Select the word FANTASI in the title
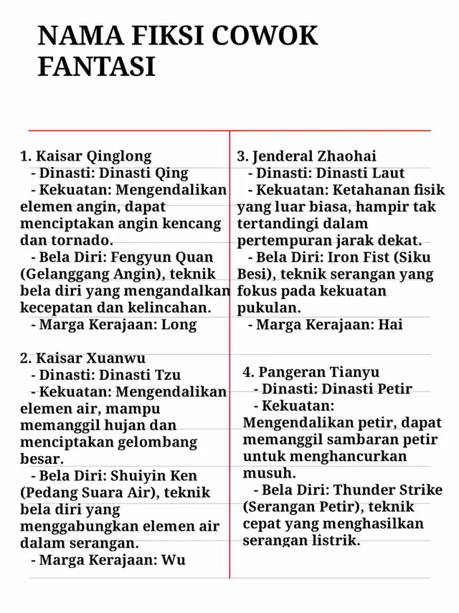click(x=96, y=67)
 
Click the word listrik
click(x=334, y=541)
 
